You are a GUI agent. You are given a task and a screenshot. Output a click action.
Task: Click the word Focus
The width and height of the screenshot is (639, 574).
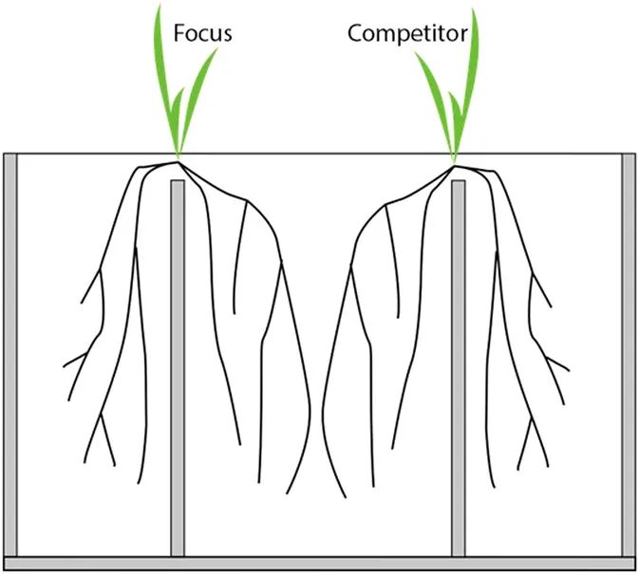click(x=202, y=34)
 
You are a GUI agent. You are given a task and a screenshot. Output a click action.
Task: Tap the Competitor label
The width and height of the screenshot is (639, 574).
click(x=406, y=34)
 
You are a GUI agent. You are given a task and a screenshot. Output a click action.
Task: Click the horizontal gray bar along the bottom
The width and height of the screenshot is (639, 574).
click(x=319, y=564)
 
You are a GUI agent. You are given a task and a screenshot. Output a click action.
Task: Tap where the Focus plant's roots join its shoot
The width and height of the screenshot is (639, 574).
click(x=178, y=158)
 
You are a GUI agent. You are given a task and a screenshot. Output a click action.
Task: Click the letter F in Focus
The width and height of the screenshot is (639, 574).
click(x=178, y=34)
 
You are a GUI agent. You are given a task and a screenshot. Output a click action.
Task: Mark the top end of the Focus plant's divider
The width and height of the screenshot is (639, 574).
click(x=178, y=184)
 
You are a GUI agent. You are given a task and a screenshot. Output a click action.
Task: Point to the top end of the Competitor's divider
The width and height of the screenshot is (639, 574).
click(x=459, y=184)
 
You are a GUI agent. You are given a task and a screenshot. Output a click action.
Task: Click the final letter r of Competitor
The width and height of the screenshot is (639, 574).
click(x=463, y=36)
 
